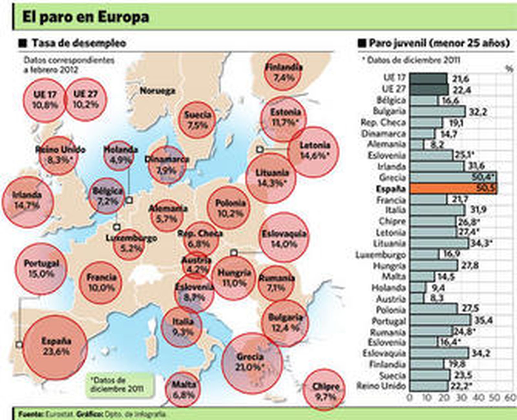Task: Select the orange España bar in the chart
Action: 453,189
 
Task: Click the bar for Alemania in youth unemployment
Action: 417,144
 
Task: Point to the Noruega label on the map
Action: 157,91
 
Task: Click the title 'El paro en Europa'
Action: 86,17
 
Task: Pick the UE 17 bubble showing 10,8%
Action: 45,100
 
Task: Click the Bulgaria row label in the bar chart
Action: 389,111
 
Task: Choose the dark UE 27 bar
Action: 429,89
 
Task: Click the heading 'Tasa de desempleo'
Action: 79,43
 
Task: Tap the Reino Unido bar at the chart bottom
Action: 428,386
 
